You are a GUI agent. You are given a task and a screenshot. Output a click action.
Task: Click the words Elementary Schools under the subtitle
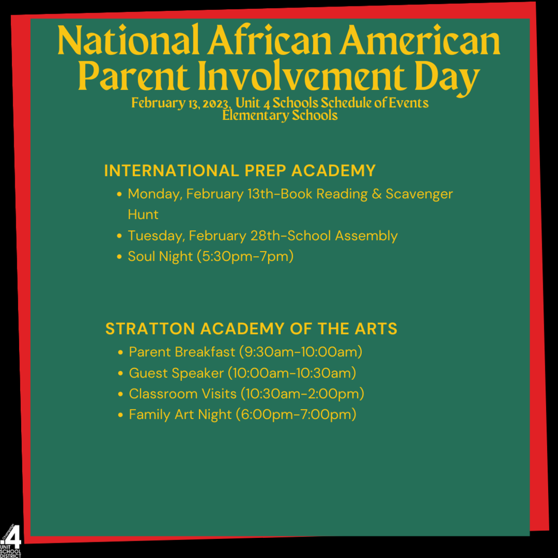(x=280, y=116)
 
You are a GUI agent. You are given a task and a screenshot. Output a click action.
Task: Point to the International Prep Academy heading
(x=240, y=171)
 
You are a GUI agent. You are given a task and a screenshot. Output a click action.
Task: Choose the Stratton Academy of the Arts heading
(x=251, y=329)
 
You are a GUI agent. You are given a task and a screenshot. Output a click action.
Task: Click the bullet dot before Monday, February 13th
(x=119, y=194)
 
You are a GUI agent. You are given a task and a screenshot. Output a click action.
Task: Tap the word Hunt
(x=143, y=215)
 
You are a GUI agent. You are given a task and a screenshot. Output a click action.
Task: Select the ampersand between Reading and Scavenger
(x=377, y=194)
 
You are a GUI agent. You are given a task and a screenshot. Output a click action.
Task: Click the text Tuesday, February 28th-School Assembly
(x=263, y=236)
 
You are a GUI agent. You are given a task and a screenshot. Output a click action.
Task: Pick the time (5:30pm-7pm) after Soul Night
(x=245, y=256)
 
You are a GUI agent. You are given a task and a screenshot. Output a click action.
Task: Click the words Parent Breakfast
(x=182, y=352)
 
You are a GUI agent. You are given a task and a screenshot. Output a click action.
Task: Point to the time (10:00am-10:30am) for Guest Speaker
(x=292, y=373)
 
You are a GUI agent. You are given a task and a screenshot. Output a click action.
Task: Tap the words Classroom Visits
(x=183, y=394)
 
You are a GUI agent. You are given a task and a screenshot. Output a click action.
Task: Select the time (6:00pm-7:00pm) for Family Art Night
(x=296, y=415)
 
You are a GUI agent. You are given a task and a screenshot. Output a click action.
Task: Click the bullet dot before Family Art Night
(x=120, y=415)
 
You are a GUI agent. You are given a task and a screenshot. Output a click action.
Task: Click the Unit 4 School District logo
(x=11, y=541)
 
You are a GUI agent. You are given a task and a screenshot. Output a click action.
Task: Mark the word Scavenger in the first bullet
(x=419, y=195)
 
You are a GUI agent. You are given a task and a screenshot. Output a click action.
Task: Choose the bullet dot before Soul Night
(x=119, y=257)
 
